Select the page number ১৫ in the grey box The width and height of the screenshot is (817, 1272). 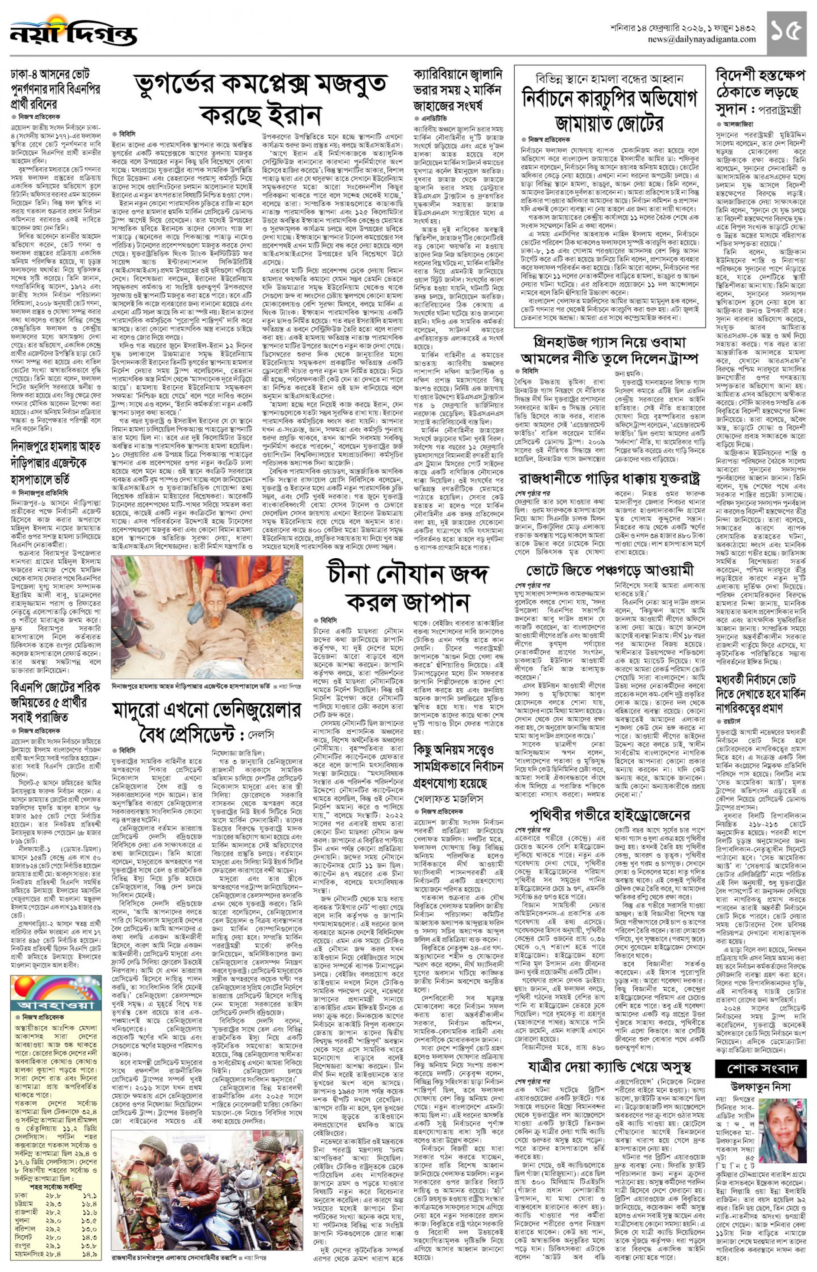click(x=785, y=33)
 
